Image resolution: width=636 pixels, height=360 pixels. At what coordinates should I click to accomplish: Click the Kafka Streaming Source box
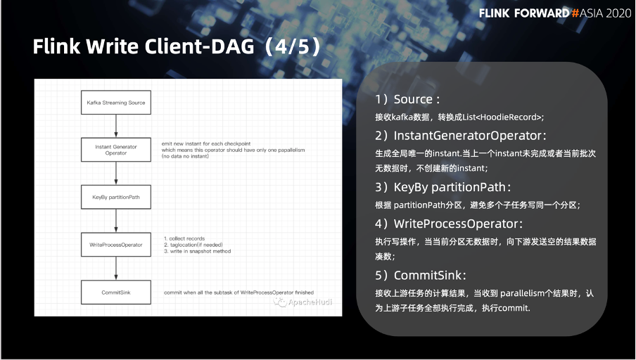[x=116, y=103]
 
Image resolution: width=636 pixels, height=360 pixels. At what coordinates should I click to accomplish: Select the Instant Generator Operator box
[x=116, y=150]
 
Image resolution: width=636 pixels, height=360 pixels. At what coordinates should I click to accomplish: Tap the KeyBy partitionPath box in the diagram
[x=116, y=197]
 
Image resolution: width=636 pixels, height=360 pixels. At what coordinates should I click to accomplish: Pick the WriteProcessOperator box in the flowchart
[x=116, y=245]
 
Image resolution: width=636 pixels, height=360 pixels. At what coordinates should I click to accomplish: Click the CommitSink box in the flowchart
[x=116, y=292]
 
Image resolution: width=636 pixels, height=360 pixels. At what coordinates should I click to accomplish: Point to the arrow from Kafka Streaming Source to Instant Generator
[x=116, y=126]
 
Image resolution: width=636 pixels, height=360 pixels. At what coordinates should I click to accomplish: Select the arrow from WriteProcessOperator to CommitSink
[x=116, y=269]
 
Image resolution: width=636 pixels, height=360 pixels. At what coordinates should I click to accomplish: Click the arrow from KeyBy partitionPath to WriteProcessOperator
[x=116, y=221]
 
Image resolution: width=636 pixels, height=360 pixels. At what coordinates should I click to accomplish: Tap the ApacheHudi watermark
[x=303, y=302]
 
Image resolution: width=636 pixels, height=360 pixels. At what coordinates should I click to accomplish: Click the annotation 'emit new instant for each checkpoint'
[x=206, y=143]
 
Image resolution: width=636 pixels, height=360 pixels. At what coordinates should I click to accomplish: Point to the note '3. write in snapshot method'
[x=198, y=251]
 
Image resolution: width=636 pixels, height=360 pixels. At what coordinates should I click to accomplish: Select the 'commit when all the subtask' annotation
[x=239, y=292]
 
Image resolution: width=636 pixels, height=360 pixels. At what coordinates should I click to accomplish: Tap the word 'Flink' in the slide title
[x=57, y=46]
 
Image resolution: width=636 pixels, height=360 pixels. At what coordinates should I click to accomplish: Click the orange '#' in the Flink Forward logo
[x=575, y=13]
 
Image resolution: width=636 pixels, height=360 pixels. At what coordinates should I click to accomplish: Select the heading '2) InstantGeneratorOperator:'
[x=461, y=136]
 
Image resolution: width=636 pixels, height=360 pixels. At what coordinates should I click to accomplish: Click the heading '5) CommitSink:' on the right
[x=421, y=275]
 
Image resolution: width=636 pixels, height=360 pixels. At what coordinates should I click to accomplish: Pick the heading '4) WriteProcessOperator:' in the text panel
[x=449, y=224]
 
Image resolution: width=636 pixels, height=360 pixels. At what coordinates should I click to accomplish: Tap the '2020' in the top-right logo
[x=618, y=13]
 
